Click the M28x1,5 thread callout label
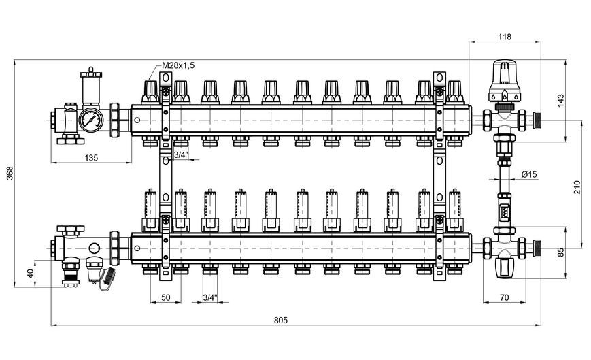click(x=178, y=65)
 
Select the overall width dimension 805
click(x=280, y=320)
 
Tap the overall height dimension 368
click(x=10, y=173)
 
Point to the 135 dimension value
click(x=91, y=158)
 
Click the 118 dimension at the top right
click(x=505, y=37)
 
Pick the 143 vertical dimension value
click(x=560, y=101)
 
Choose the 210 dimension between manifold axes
click(x=577, y=187)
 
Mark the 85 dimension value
click(x=561, y=252)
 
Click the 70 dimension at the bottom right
click(x=504, y=298)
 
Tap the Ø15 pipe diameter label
click(x=529, y=174)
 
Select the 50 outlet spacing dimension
click(x=166, y=297)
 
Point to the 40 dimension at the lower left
click(x=31, y=273)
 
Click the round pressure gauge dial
click(x=91, y=120)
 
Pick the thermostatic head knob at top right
click(x=505, y=80)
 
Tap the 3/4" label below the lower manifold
click(x=210, y=297)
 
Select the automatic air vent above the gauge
click(x=91, y=86)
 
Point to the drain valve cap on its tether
click(x=110, y=273)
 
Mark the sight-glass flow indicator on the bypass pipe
click(x=504, y=210)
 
